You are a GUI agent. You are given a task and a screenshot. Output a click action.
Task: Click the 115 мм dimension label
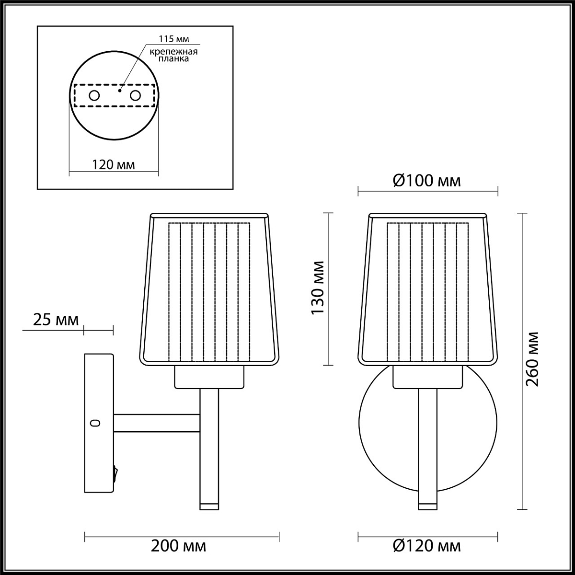pos(173,39)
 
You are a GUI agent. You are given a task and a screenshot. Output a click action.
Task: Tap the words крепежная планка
pos(173,55)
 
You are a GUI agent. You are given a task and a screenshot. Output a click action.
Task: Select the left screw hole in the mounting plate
pos(94,96)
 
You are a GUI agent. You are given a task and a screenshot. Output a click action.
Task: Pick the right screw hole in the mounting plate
pos(135,96)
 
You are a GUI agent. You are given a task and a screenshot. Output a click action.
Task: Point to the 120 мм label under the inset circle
pos(114,164)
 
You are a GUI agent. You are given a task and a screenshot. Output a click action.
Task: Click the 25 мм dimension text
pos(56,320)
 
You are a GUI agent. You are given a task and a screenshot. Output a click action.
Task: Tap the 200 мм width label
pos(178,546)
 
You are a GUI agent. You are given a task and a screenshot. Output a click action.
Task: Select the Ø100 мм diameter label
pos(427,181)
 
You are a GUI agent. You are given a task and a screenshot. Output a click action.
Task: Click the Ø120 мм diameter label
pos(427,546)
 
